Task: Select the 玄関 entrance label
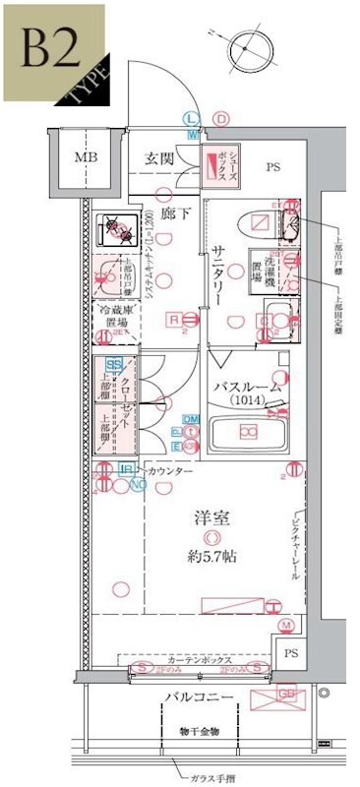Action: [x=161, y=157]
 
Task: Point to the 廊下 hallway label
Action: [x=166, y=213]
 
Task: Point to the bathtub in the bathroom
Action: [x=250, y=431]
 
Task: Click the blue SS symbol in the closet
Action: [x=114, y=365]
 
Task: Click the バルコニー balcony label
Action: [x=198, y=696]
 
